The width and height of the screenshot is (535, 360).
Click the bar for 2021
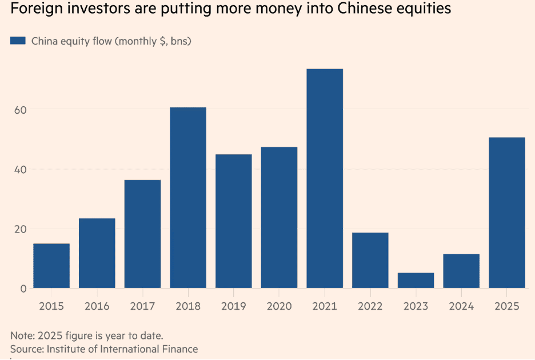tap(325, 178)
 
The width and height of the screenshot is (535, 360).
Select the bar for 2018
tap(188, 198)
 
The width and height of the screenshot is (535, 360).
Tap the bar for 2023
tap(416, 281)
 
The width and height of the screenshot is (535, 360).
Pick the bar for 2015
tap(51, 266)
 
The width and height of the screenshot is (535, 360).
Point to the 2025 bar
tap(507, 213)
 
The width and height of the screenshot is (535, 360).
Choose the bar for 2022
tap(370, 260)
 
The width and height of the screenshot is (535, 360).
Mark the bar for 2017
tap(142, 234)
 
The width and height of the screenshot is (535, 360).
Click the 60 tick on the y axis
tap(20, 110)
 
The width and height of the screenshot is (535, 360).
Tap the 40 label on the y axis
tap(20, 170)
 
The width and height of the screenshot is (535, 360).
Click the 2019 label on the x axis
tap(233, 306)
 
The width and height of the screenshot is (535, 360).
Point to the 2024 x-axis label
tap(461, 306)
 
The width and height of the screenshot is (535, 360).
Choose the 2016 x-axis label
tap(97, 306)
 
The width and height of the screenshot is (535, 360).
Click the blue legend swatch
tap(18, 41)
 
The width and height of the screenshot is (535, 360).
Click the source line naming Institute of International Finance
tap(104, 349)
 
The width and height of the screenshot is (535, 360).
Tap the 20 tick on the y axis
tap(20, 229)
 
